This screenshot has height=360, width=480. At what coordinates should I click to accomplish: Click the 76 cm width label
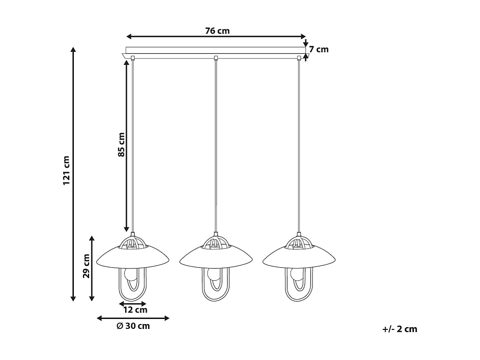click(x=217, y=31)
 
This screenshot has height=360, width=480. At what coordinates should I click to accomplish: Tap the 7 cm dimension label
click(x=319, y=50)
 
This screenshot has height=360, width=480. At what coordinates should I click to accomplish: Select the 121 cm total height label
click(x=67, y=171)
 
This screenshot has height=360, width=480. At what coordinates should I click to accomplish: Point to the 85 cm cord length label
click(x=122, y=145)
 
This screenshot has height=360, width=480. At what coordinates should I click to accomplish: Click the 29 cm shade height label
click(x=86, y=266)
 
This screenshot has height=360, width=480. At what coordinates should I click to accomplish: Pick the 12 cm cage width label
click(x=135, y=310)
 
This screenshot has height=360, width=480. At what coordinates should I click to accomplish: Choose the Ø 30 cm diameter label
click(x=133, y=326)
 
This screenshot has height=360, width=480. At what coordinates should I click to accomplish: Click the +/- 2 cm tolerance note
click(x=400, y=329)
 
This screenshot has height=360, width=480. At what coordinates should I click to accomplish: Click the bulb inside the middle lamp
click(x=213, y=274)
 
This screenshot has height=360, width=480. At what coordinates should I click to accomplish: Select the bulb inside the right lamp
click(x=296, y=274)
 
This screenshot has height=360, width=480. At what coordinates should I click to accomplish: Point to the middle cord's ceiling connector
click(x=216, y=58)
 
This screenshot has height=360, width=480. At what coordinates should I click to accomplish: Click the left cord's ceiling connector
click(x=133, y=58)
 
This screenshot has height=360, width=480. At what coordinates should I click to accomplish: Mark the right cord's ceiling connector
click(x=299, y=58)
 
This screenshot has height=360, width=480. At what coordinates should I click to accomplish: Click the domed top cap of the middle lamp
click(x=216, y=242)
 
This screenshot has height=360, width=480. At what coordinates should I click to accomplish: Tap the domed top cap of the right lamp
click(x=299, y=242)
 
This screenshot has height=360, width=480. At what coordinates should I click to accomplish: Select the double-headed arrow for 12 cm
click(x=133, y=304)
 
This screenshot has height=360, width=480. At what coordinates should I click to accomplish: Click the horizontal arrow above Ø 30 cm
click(x=133, y=318)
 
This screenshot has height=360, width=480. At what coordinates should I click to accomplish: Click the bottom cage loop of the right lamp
click(x=299, y=297)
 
